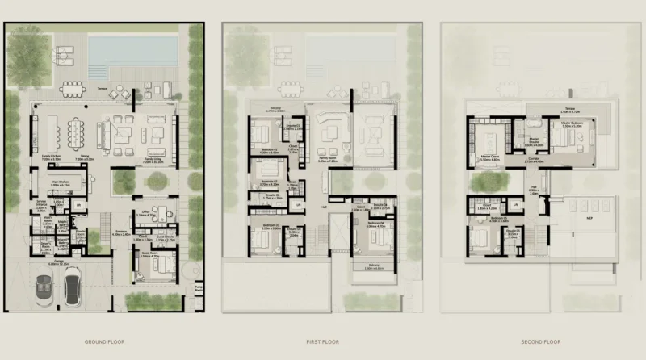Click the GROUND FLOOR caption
103,341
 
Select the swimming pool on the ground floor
133,49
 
